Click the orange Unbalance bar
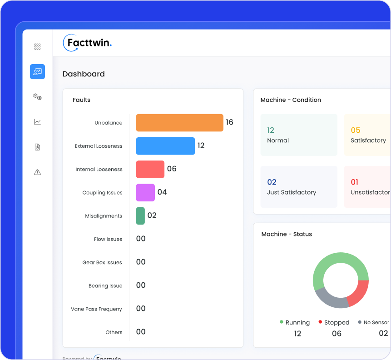[179, 123]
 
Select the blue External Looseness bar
[165, 146]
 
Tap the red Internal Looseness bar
[150, 169]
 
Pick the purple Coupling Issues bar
[145, 192]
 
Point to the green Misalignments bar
[140, 215]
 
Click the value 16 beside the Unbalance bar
[229, 122]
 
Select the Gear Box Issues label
[102, 262]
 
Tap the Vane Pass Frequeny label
[96, 309]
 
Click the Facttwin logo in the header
[87, 43]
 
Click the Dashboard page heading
[84, 74]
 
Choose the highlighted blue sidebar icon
[37, 71]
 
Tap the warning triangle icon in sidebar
[37, 172]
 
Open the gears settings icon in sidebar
[37, 96]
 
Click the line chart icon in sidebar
[37, 122]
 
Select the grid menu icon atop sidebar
[37, 46]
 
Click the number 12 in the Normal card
[271, 130]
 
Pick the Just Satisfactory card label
[292, 192]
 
